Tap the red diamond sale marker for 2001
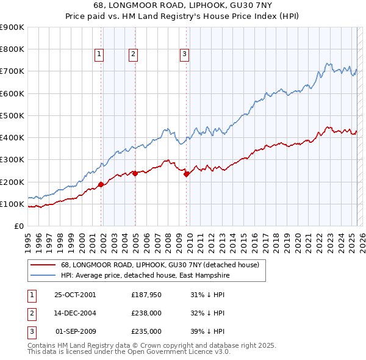coord(101,184)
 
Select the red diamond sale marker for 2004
coord(135,173)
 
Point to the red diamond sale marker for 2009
coord(186,174)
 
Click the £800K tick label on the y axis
coord(12,49)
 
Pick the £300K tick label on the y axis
coord(12,160)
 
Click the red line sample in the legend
coord(43,265)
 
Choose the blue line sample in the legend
coord(43,275)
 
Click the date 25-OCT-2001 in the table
coord(75,295)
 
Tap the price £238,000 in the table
coord(146,313)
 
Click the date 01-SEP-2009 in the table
coord(76,331)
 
